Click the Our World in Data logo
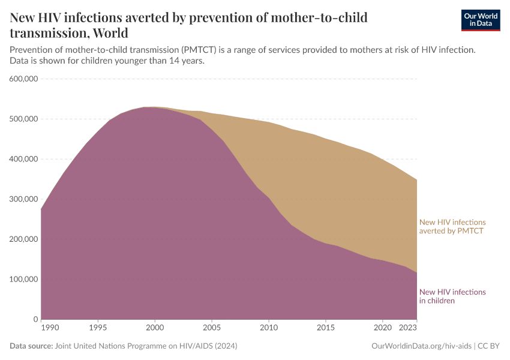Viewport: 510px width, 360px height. [481, 20]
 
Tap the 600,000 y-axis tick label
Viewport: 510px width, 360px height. [24, 79]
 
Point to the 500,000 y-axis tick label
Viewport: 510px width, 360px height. [24, 119]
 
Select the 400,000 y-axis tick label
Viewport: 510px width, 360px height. [24, 159]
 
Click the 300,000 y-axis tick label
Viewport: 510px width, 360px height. [24, 199]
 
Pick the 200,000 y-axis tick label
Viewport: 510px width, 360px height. [24, 239]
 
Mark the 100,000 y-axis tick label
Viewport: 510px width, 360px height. [24, 280]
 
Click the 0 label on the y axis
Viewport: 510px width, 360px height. [36, 319]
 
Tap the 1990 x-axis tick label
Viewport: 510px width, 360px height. [50, 328]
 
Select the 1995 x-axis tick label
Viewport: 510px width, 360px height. [98, 328]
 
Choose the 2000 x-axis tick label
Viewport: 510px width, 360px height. [155, 328]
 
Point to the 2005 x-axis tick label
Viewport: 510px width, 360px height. [212, 328]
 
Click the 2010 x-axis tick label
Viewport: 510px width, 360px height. [269, 328]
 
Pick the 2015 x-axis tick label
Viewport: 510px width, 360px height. [326, 328]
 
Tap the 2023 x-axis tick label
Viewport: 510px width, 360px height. [408, 328]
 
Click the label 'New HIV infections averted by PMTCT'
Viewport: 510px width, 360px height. [452, 227]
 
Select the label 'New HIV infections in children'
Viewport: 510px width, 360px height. [452, 296]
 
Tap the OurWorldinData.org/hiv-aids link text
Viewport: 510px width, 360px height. [422, 346]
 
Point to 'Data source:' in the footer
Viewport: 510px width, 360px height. [31, 346]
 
